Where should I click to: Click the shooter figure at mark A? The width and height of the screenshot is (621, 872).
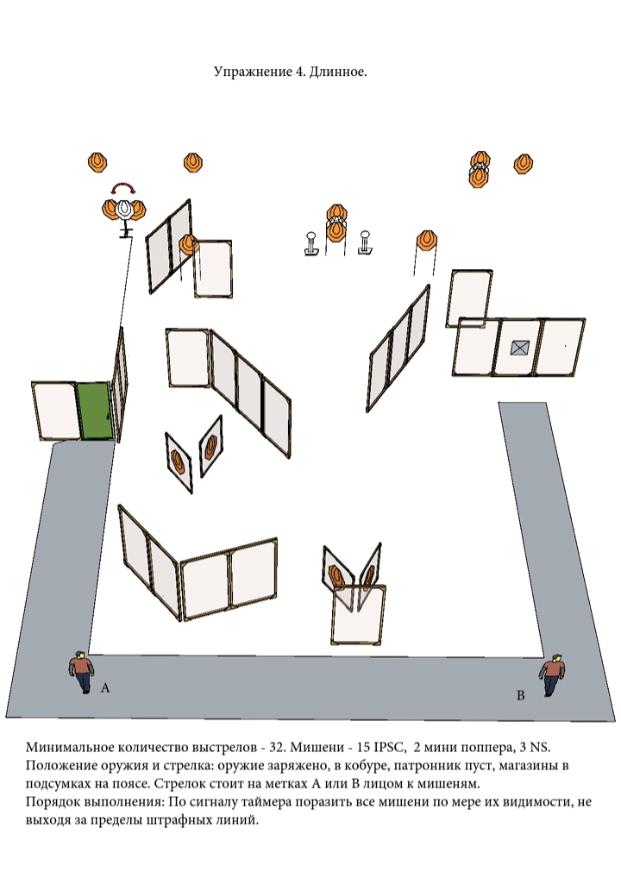coord(82,672)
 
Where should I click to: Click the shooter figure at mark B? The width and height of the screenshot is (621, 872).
coord(552,675)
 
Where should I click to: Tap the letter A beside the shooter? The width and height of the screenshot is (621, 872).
coord(105,688)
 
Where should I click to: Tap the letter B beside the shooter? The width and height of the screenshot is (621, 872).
coord(521,695)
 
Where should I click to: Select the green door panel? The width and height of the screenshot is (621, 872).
coord(95,411)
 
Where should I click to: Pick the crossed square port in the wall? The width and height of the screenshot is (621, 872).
coord(518,348)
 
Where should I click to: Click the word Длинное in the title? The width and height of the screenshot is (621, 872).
coord(338,72)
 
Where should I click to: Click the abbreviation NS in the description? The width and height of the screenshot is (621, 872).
coord(541,747)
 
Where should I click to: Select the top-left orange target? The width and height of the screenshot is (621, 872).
coord(97,162)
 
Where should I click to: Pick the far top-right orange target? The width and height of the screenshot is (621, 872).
coord(523,164)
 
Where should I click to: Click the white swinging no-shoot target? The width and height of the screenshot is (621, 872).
coord(124,209)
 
